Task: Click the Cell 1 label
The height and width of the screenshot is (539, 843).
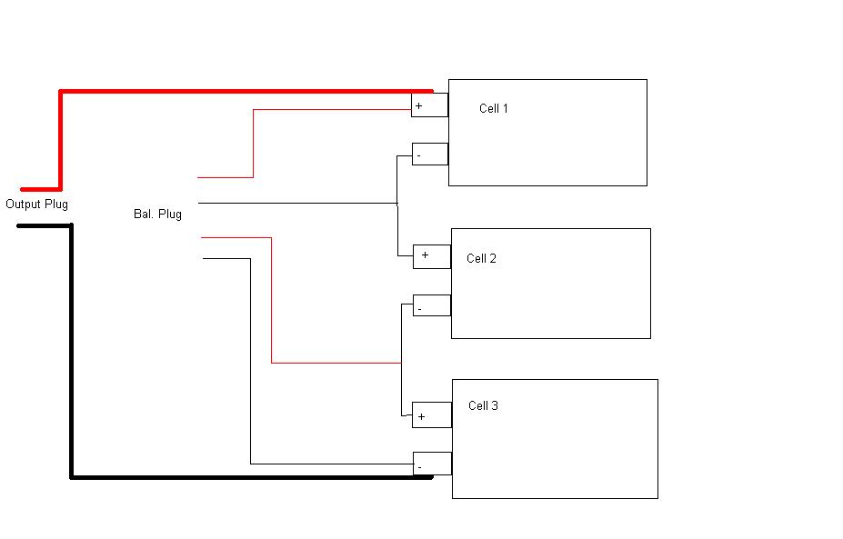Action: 494,109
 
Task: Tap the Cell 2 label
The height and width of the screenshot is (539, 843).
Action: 481,259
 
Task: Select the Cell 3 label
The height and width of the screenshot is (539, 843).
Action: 483,406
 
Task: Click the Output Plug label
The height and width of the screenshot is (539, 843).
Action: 36,205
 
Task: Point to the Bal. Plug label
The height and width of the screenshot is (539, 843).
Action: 157,215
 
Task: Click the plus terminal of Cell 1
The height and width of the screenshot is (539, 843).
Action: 429,105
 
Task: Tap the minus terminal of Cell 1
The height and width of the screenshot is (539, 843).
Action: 430,155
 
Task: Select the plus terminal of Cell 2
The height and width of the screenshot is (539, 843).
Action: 432,256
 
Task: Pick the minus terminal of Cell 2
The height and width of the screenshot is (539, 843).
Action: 432,305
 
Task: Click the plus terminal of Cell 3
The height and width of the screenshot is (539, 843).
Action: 432,415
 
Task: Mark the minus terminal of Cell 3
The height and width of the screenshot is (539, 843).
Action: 432,464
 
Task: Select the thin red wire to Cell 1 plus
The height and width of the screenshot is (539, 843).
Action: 327,110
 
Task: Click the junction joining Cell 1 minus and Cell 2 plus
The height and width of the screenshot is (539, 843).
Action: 397,203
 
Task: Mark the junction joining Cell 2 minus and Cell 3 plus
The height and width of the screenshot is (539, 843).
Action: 401,363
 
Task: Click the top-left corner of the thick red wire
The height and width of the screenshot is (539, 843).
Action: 60,91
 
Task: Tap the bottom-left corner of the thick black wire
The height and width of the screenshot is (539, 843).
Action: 71,476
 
